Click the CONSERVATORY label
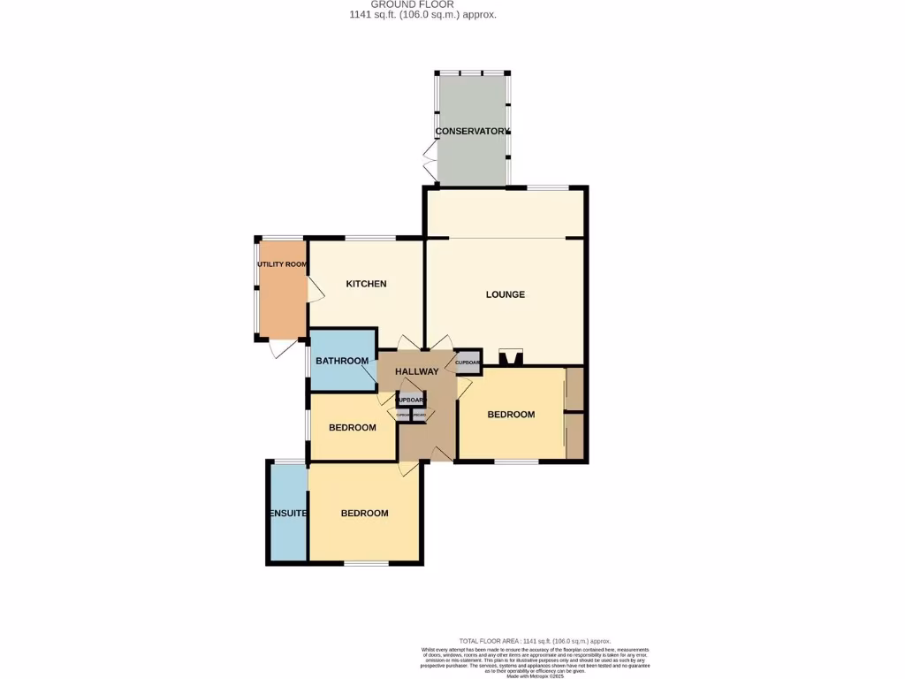coord(472,132)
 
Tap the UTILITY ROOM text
coord(282,264)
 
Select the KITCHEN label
coord(366,284)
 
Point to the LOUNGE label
coord(506,294)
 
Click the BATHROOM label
coord(342,361)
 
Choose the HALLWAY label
coord(416,371)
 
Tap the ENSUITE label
coord(287,514)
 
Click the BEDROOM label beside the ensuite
coord(365,514)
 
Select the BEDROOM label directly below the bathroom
coord(352,428)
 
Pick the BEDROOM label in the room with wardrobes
coord(511,415)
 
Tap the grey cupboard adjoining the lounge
coord(468,362)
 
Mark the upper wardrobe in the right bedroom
coord(574,389)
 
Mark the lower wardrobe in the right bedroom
coord(574,436)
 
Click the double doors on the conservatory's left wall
coord(430,164)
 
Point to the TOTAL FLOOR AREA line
coord(535,641)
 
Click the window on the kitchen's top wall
coord(369,238)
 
